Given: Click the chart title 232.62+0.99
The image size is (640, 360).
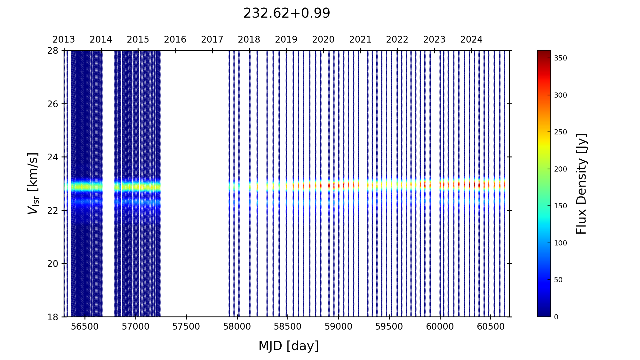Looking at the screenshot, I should click(x=286, y=13).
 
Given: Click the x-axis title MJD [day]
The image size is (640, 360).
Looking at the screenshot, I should click(x=289, y=346).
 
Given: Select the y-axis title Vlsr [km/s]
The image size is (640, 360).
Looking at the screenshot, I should click(x=33, y=183).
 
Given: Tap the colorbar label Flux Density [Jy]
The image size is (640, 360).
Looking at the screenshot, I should click(x=581, y=183).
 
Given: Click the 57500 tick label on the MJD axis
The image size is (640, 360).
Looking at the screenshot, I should click(x=186, y=327).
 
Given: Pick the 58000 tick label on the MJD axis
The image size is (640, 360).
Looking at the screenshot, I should click(x=237, y=327).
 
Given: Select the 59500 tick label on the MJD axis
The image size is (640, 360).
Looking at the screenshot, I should click(x=389, y=327).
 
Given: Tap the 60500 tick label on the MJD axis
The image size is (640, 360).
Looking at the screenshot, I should click(x=491, y=327).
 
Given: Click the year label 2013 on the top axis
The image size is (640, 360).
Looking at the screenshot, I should click(x=64, y=40).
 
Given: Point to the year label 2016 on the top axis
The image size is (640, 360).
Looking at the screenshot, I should click(x=175, y=40).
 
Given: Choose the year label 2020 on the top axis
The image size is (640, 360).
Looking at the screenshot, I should click(x=323, y=40).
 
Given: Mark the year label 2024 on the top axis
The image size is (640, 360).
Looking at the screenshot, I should click(x=471, y=40).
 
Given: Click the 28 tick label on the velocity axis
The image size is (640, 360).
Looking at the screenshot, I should click(x=53, y=51).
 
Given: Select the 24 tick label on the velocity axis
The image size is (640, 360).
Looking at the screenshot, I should click(x=53, y=157).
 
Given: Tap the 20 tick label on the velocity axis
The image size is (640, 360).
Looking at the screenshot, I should click(x=53, y=264).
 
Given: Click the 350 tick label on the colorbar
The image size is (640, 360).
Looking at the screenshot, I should click(x=560, y=58).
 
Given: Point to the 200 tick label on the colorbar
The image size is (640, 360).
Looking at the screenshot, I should click(x=560, y=169).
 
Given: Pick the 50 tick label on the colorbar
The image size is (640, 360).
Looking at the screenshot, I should click(x=558, y=280).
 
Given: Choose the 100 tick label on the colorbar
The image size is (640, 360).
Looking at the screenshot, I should click(x=560, y=243).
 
